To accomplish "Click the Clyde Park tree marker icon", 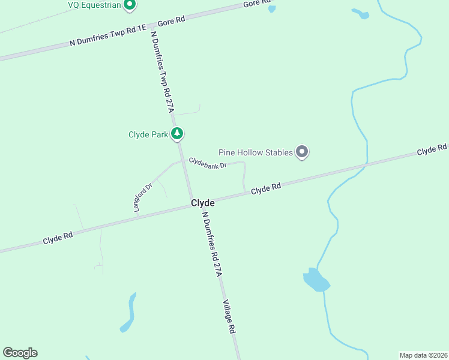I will click(176, 133).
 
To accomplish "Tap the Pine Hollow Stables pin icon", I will click(303, 152).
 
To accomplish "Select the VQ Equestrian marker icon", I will click(129, 5).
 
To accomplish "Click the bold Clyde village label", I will click(203, 203).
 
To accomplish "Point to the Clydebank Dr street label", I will click(207, 163).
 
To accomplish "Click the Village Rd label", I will click(229, 316).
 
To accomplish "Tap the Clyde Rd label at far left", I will click(58, 238).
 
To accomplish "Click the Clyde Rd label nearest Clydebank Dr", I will click(266, 188).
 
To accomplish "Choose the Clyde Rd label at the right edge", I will click(432, 149).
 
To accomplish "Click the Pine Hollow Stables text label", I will click(255, 152).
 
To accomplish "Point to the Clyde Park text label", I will click(148, 134).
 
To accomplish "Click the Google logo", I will click(20, 353).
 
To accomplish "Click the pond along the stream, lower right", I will click(315, 280).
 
